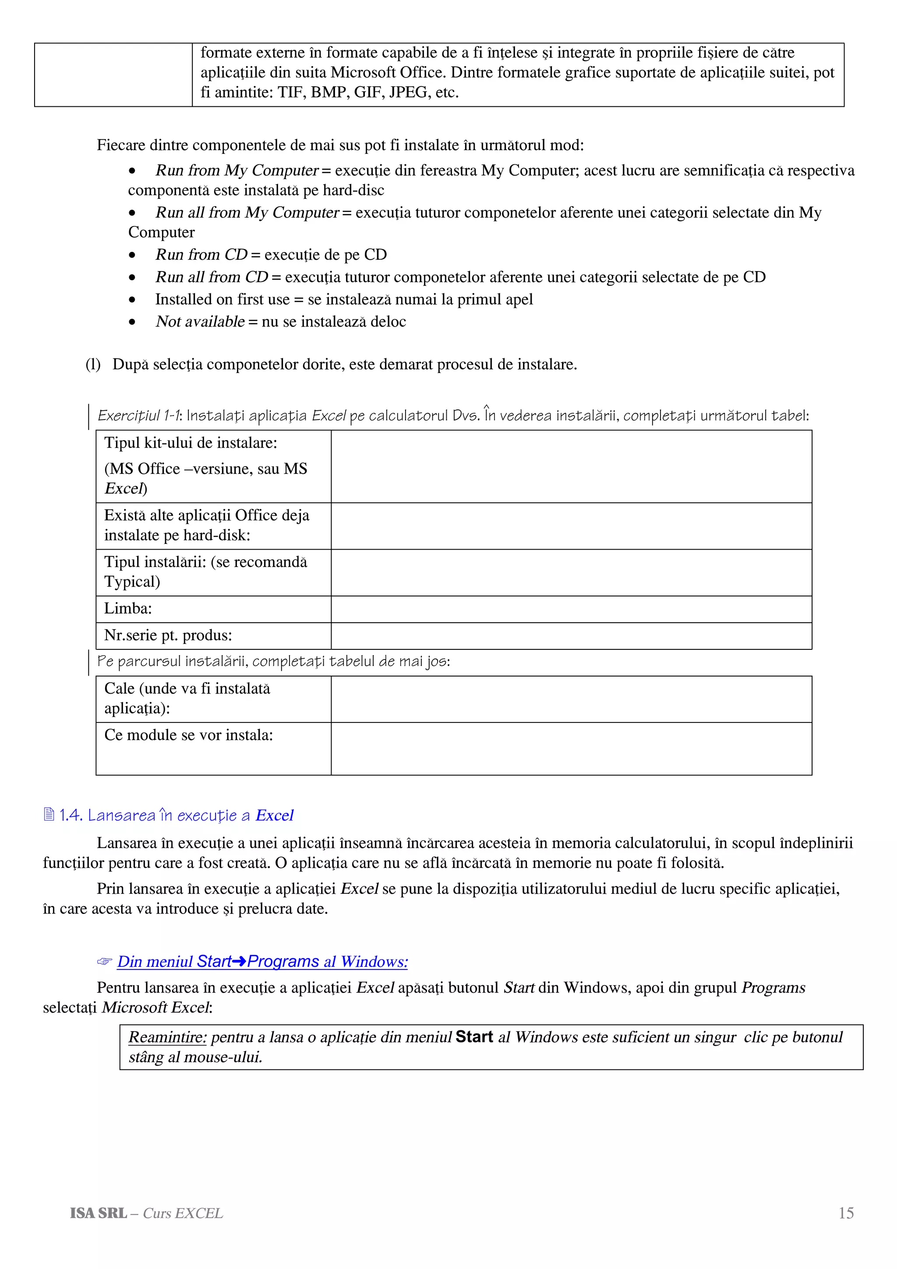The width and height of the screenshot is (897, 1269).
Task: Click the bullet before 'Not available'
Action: pyautogui.click(x=132, y=322)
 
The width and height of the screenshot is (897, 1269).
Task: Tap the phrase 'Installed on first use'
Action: pyautogui.click(x=222, y=299)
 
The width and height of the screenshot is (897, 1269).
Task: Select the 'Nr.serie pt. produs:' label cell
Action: pyautogui.click(x=168, y=635)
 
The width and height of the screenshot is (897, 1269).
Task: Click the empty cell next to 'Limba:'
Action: pyautogui.click(x=571, y=609)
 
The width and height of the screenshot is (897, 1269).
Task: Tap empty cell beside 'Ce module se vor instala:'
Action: pyautogui.click(x=571, y=748)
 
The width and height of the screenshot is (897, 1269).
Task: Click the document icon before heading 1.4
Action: pyautogui.click(x=49, y=814)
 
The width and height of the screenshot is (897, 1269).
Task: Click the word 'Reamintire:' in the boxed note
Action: pyautogui.click(x=167, y=1037)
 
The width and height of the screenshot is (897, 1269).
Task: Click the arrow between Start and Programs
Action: pyautogui.click(x=239, y=962)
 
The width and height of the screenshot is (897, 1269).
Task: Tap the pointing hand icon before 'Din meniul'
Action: pyautogui.click(x=104, y=962)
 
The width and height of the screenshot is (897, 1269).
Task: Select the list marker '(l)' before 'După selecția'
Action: pyautogui.click(x=93, y=364)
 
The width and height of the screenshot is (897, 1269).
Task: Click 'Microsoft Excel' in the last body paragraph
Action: pyautogui.click(x=156, y=1007)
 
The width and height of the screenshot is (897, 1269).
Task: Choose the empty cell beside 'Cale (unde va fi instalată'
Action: pyautogui.click(x=571, y=699)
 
